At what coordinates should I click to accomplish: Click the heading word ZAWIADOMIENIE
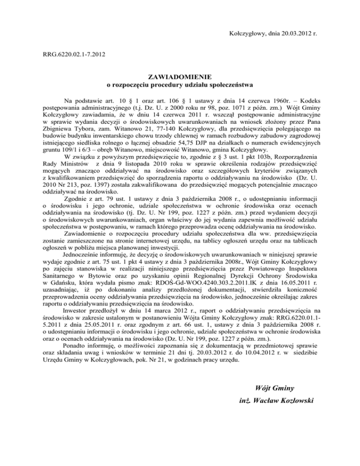click(x=180, y=76)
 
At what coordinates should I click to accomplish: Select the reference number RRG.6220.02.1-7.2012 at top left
click(x=73, y=55)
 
